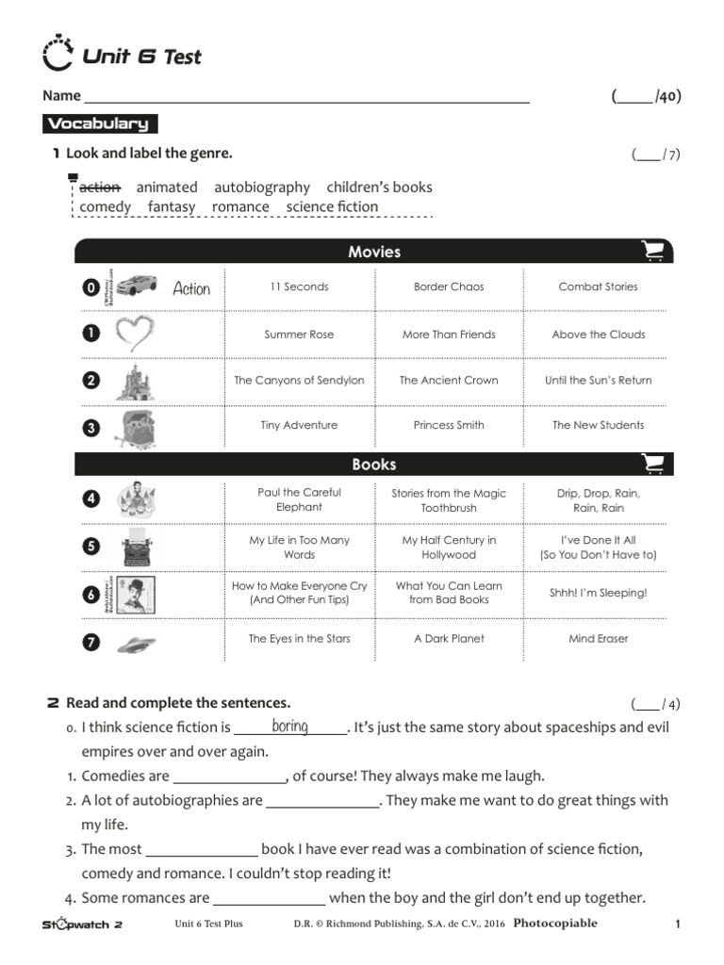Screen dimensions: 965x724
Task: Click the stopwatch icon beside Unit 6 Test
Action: (58, 54)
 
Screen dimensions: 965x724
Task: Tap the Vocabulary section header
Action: (99, 123)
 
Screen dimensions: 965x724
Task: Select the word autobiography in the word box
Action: (261, 188)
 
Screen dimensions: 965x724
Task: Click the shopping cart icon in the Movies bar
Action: (652, 251)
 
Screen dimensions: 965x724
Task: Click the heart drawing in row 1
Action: (134, 334)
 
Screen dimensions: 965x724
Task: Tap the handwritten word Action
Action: (191, 288)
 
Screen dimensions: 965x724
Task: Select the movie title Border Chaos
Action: (449, 286)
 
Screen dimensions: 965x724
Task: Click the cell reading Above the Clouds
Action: (598, 335)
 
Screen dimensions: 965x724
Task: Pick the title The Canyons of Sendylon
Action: (299, 381)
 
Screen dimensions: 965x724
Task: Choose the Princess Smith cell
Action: (449, 425)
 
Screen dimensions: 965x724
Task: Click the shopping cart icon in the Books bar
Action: (652, 464)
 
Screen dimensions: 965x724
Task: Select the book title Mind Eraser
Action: (598, 639)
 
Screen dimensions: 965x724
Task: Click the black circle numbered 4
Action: (91, 499)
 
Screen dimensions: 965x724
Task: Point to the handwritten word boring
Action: (289, 726)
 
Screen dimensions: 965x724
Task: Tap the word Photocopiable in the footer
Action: (555, 924)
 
